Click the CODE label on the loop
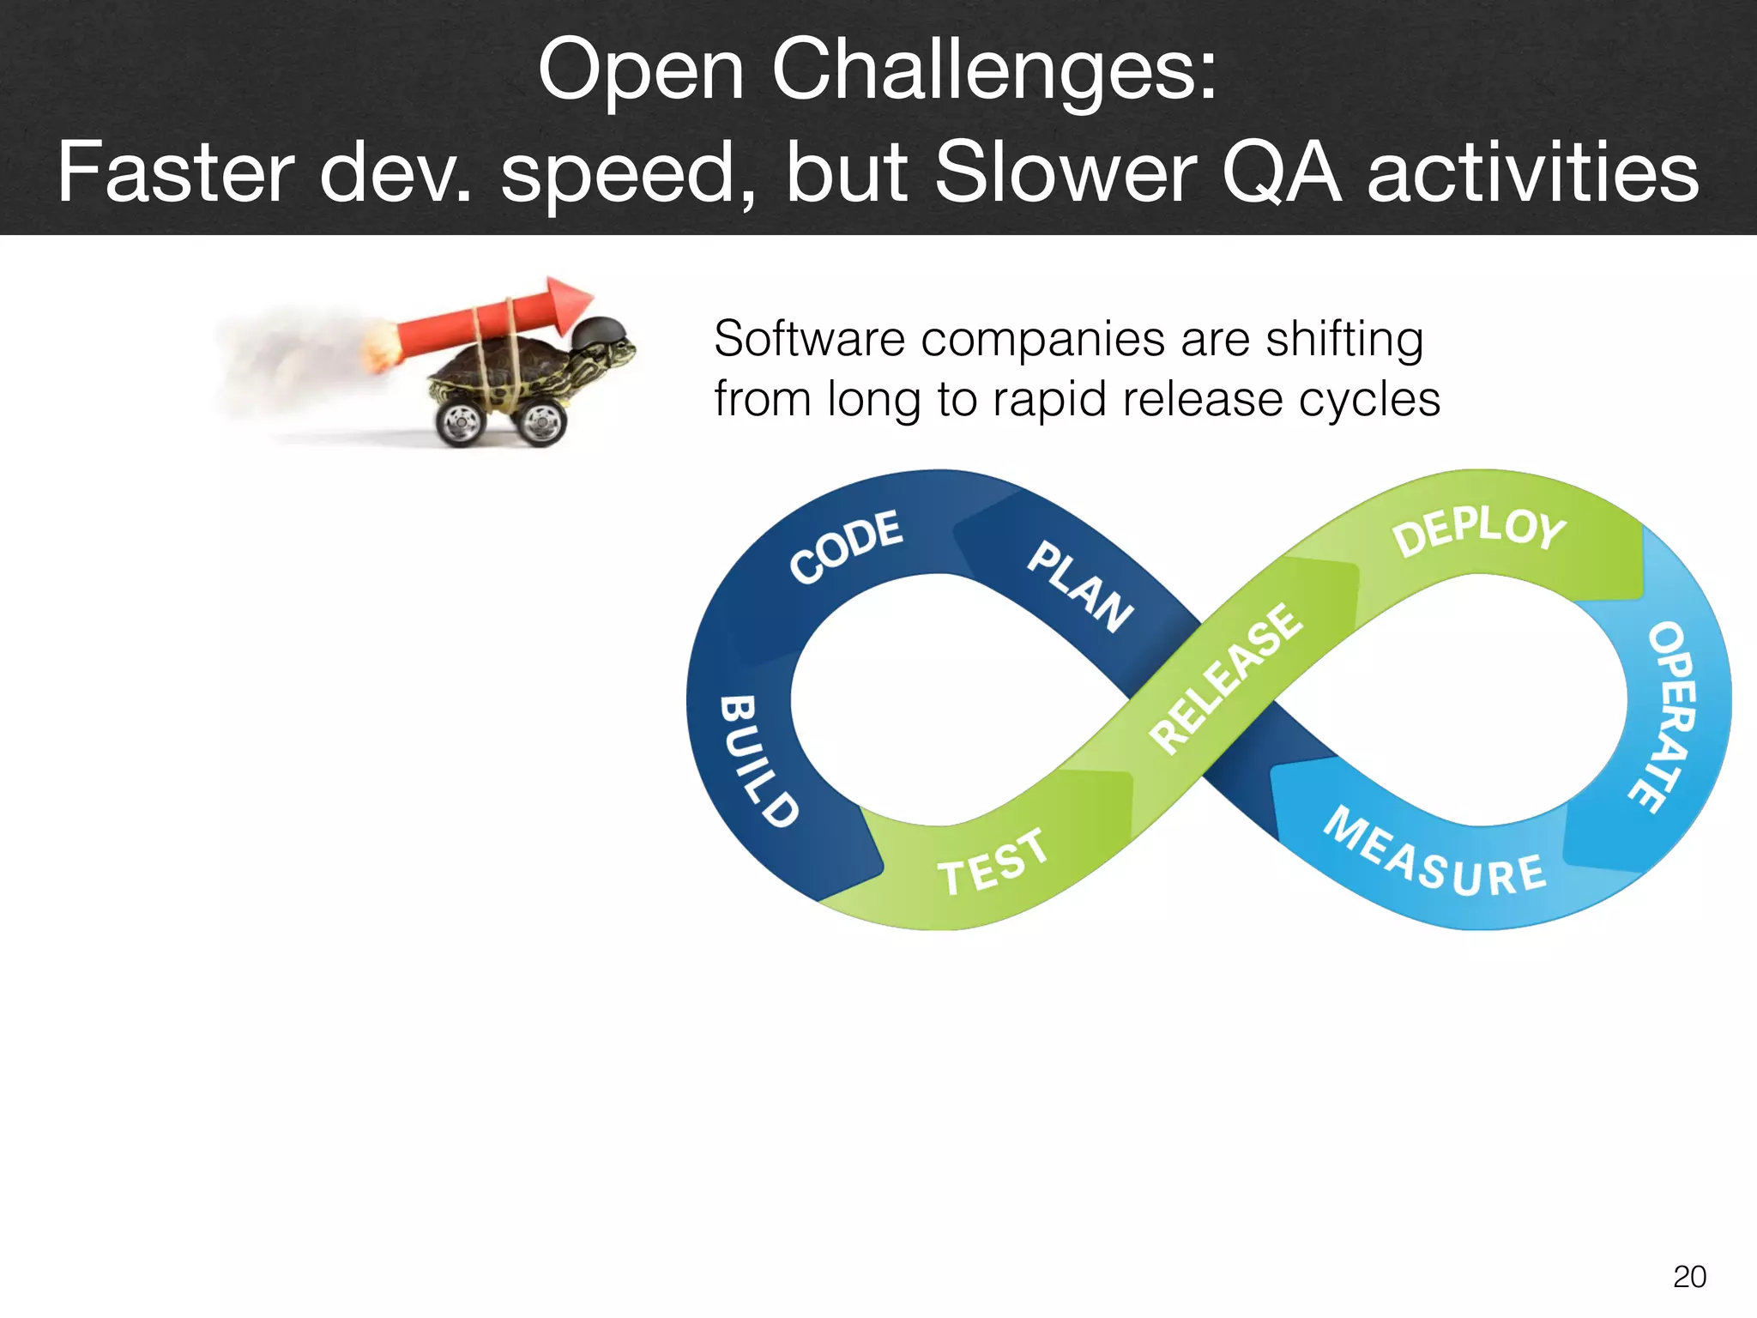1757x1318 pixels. click(x=846, y=547)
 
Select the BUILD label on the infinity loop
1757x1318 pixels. click(x=757, y=760)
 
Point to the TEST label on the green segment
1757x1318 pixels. click(x=992, y=862)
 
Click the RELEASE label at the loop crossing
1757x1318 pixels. click(x=1226, y=677)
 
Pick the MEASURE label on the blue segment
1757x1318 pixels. click(x=1434, y=855)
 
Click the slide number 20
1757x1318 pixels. click(x=1689, y=1277)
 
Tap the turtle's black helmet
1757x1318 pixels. click(x=600, y=331)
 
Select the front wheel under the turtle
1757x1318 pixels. click(x=540, y=421)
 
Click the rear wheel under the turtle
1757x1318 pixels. click(x=462, y=422)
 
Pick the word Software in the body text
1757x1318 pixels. click(x=809, y=339)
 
